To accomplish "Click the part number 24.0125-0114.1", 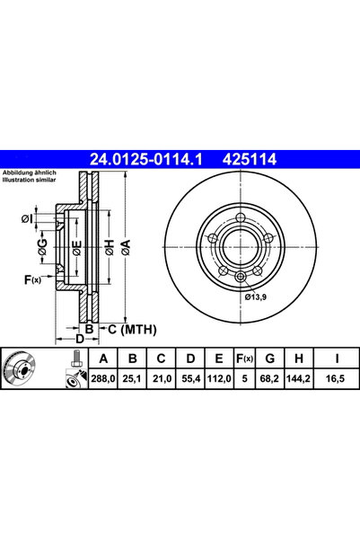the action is (146, 159).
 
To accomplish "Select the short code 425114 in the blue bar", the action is (250, 159).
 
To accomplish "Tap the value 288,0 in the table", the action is (103, 379).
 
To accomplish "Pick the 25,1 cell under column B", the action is (132, 379).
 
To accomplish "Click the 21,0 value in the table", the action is (162, 379).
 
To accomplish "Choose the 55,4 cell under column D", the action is (190, 379).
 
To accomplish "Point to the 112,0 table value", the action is (219, 379).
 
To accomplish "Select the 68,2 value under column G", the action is (270, 379).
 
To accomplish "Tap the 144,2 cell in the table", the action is (299, 379).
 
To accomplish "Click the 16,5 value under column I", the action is (337, 379).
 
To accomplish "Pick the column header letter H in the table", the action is (299, 359).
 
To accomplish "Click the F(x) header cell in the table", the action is (244, 359).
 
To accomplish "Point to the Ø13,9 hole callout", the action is (256, 297).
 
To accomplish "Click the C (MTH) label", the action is (132, 330).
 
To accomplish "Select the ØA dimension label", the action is (126, 247).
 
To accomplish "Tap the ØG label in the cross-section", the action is (42, 247).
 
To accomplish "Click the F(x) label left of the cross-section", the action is (32, 280).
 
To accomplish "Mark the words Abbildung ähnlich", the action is (30, 173).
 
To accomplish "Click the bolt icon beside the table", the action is (76, 359).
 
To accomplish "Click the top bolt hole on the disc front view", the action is (241, 218).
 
